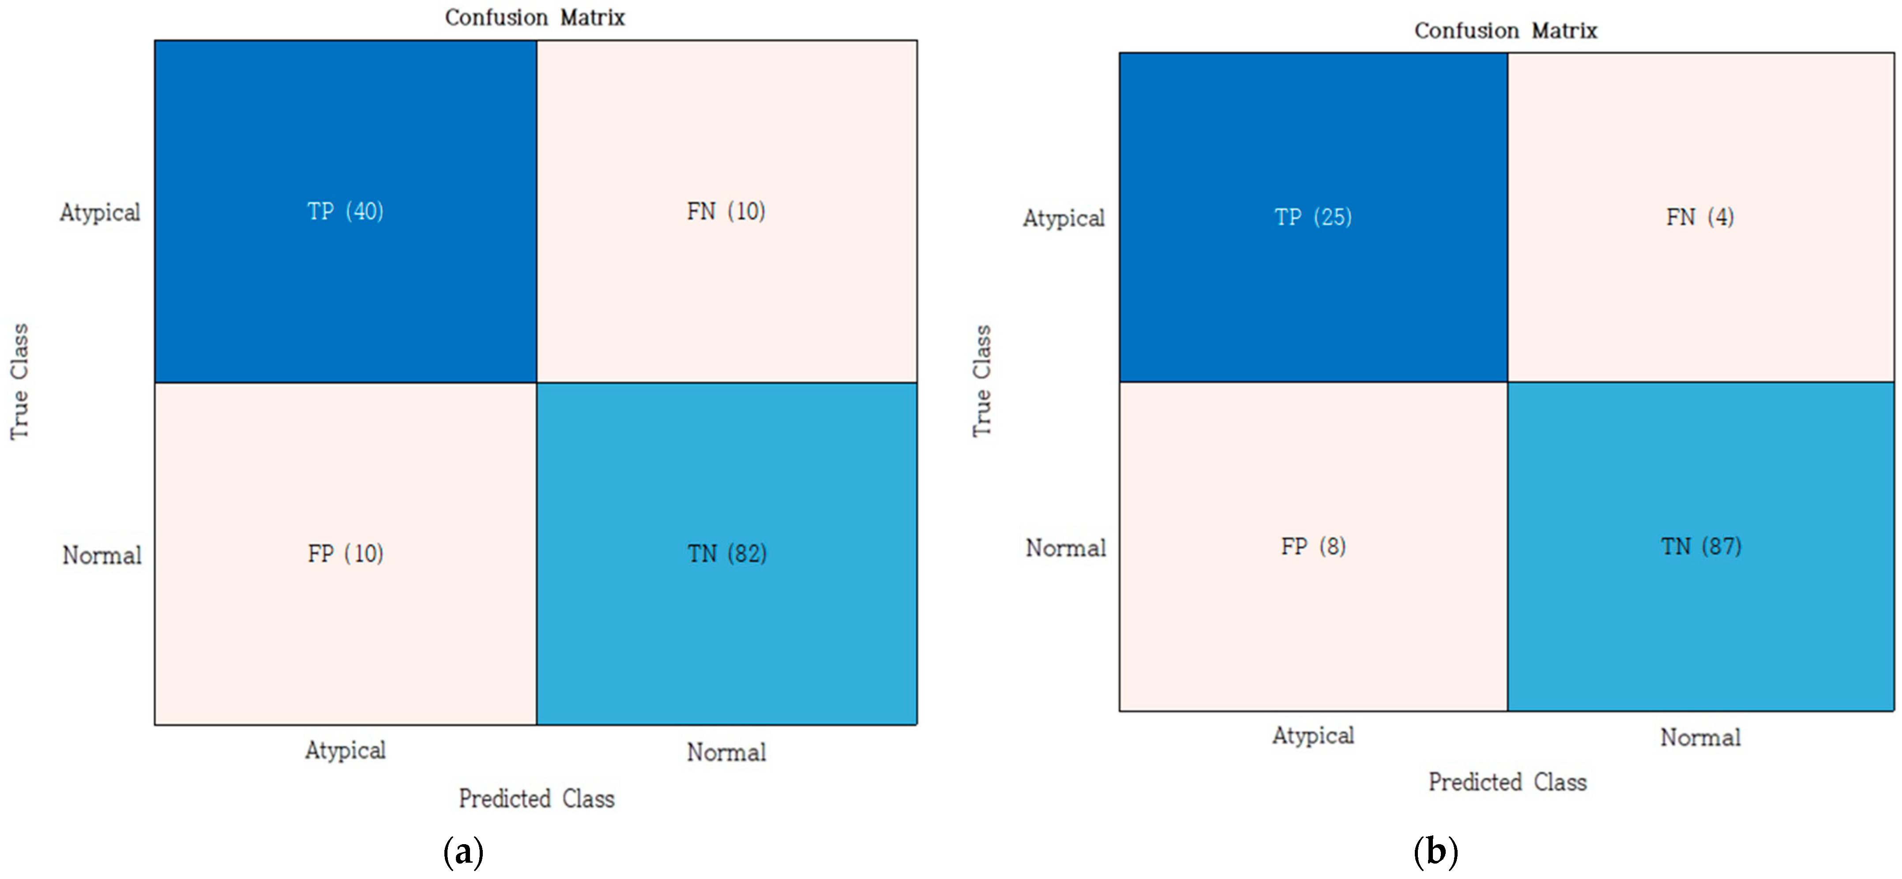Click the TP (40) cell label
[345, 212]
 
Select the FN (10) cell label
[726, 212]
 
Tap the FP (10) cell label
[345, 554]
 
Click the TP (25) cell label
[1313, 217]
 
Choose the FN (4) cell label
[1700, 217]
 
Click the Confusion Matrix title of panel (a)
[534, 17]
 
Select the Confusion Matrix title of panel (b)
[1506, 30]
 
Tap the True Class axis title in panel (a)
[19, 382]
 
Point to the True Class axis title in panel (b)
[981, 381]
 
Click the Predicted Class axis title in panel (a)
[537, 799]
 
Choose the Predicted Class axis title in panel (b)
[1507, 782]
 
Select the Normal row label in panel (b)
[1065, 548]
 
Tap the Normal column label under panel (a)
[726, 752]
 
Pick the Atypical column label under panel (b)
[1313, 736]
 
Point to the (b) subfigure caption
[1436, 853]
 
